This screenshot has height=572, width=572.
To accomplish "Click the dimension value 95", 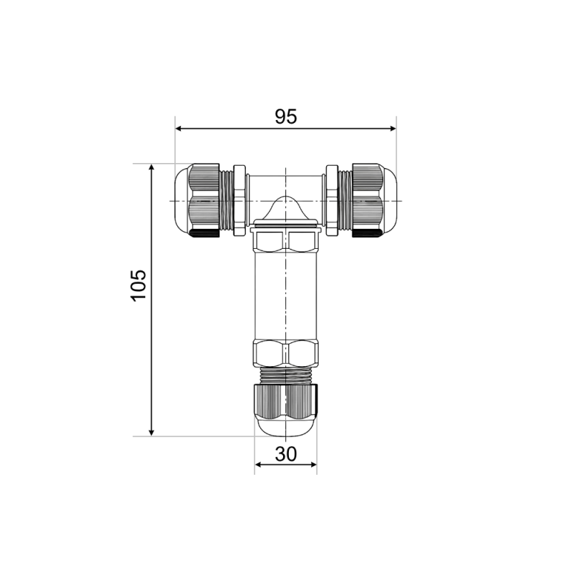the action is click(286, 117).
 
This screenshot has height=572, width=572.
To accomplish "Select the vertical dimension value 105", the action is click(139, 285).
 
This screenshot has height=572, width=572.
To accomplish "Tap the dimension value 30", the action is click(286, 454).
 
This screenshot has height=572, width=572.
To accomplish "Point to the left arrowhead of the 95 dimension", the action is click(179, 129).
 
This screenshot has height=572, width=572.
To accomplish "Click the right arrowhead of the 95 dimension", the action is click(393, 129).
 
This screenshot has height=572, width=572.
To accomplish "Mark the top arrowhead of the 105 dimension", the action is click(152, 167).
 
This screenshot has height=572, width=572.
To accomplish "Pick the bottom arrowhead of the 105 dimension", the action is click(152, 433).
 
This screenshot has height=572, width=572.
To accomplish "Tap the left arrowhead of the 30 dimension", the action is click(258, 464).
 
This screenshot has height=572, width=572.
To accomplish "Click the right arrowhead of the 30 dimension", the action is click(313, 464).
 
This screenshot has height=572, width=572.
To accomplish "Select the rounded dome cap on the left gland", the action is click(182, 201).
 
